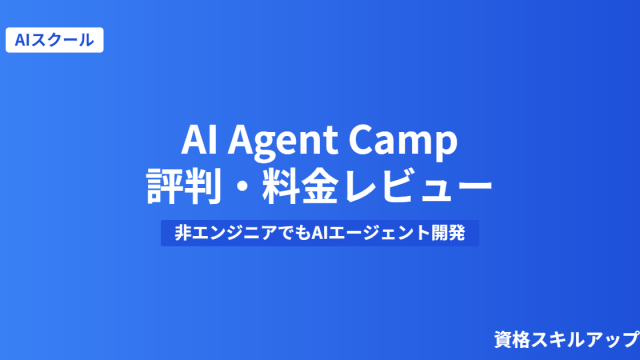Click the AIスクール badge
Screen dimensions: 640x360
(x=54, y=40)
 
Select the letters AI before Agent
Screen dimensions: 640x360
(x=199, y=139)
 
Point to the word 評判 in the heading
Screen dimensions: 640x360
(x=184, y=186)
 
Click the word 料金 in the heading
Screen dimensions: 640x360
(x=301, y=186)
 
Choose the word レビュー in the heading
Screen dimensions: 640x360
(x=418, y=187)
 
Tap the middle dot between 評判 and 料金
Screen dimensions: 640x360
(x=242, y=187)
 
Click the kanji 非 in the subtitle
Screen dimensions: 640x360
(x=183, y=233)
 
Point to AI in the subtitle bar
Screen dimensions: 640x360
(x=319, y=233)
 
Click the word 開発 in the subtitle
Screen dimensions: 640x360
(x=448, y=233)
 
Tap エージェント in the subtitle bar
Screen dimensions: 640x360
(x=379, y=233)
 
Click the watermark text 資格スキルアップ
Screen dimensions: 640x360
(x=567, y=340)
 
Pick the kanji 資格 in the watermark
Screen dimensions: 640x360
(x=512, y=340)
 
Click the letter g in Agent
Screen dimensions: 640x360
(x=265, y=146)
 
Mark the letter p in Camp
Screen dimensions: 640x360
(x=446, y=147)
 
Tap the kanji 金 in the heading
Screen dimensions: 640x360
(x=320, y=186)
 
